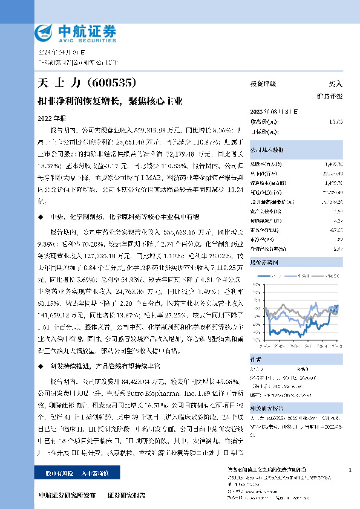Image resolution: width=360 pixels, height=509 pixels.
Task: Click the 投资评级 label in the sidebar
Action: (x=263, y=84)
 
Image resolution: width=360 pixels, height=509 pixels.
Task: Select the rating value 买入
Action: (x=335, y=84)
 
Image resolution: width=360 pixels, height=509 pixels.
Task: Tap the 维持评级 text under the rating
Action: (x=330, y=96)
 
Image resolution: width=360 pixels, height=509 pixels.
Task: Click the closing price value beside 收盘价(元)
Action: (x=336, y=122)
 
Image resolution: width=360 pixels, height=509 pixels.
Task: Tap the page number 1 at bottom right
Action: (x=350, y=470)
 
